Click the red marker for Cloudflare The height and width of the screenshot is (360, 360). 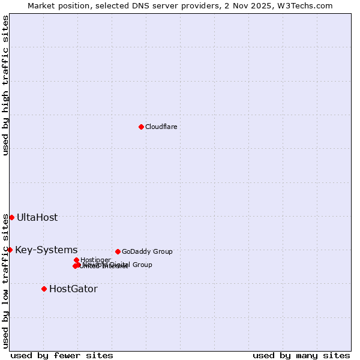(x=141, y=127)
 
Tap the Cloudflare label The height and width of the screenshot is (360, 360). (x=161, y=127)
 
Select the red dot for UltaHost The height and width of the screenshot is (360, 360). (x=11, y=217)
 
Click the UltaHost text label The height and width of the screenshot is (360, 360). (x=37, y=217)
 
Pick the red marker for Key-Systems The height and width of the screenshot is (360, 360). (x=10, y=250)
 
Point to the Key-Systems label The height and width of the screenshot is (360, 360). (x=46, y=250)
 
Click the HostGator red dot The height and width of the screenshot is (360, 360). (x=44, y=289)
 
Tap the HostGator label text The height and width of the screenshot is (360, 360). (x=73, y=289)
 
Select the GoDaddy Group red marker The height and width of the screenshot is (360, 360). (x=118, y=251)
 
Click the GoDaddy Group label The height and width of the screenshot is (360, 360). (x=147, y=251)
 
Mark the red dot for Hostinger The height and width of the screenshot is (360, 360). (x=76, y=260)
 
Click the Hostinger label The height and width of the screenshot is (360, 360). (x=95, y=260)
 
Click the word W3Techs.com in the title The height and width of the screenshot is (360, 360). (x=311, y=5)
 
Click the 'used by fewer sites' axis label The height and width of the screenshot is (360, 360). (x=62, y=355)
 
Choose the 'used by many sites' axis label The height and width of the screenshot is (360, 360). (x=301, y=355)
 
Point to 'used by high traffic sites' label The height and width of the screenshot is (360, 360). (x=5, y=85)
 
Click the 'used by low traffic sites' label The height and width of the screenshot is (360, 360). (x=5, y=281)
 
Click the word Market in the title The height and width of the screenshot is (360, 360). (x=43, y=5)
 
